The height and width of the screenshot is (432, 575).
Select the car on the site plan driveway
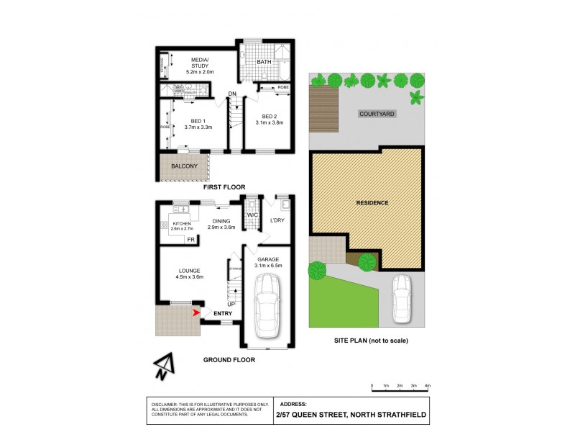pyautogui.click(x=402, y=300)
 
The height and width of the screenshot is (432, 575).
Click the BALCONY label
pyautogui.click(x=183, y=167)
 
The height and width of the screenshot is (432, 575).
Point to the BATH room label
pyautogui.click(x=264, y=62)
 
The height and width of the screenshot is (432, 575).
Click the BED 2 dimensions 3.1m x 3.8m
pyautogui.click(x=270, y=123)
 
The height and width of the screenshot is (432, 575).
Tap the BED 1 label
pyautogui.click(x=198, y=120)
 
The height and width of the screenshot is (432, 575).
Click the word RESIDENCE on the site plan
pyautogui.click(x=372, y=203)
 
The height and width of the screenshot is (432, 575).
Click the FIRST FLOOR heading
pyautogui.click(x=224, y=187)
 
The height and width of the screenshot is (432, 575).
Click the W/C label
pyautogui.click(x=252, y=215)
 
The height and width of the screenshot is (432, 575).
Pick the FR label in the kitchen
pyautogui.click(x=190, y=239)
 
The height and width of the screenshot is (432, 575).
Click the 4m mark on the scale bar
pyautogui.click(x=428, y=387)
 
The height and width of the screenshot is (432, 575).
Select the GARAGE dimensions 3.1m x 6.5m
pyautogui.click(x=269, y=266)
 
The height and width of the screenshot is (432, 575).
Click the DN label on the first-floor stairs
pyautogui.click(x=232, y=94)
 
